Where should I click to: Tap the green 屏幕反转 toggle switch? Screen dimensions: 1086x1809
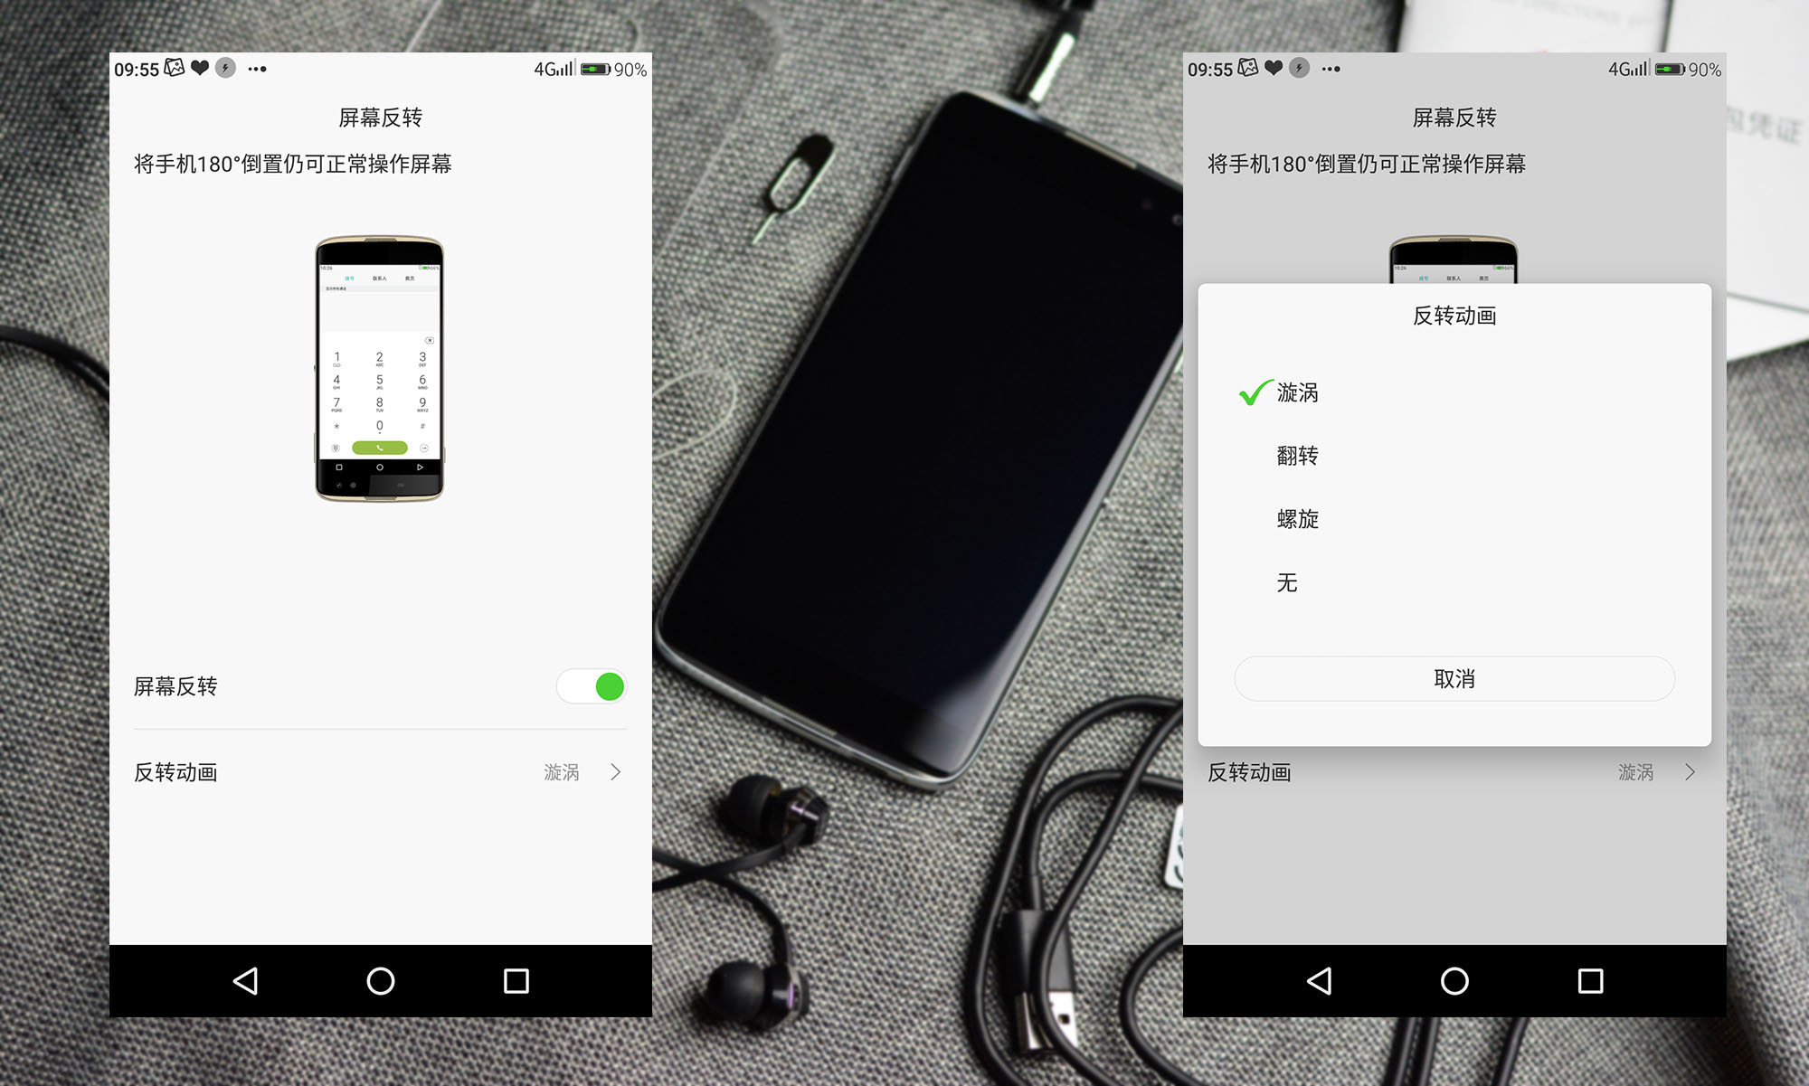pos(592,686)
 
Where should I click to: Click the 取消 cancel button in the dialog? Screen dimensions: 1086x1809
pos(1454,679)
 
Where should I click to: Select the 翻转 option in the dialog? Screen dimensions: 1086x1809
pos(1297,456)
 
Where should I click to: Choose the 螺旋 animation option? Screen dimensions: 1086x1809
pos(1297,519)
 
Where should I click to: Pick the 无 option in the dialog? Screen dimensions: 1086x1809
pos(1287,583)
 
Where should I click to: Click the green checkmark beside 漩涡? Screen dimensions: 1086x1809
pos(1255,392)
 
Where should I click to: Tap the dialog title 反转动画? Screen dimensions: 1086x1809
pos(1454,316)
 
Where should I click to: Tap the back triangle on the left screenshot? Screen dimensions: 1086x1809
pos(245,981)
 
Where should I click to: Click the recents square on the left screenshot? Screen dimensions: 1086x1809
pos(516,981)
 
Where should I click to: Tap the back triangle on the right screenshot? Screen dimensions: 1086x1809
pos(1320,981)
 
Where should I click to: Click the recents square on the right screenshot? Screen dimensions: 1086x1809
pos(1590,981)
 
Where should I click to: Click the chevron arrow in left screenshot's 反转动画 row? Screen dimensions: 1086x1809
pos(616,772)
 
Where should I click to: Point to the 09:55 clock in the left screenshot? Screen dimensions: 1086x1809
pos(137,70)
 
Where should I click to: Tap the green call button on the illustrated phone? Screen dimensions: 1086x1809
pos(379,448)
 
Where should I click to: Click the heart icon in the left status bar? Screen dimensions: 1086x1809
pos(200,68)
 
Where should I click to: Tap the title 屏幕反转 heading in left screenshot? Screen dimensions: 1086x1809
pos(380,118)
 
